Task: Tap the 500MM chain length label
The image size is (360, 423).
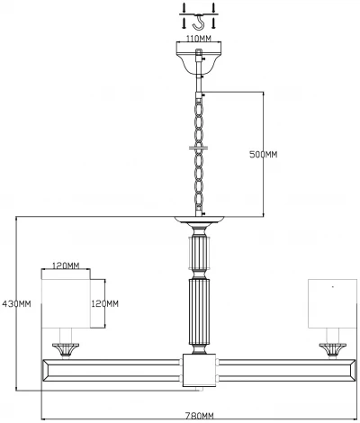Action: pos(263,154)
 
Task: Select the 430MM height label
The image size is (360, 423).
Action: pos(17,303)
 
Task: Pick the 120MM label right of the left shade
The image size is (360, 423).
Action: pos(106,303)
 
